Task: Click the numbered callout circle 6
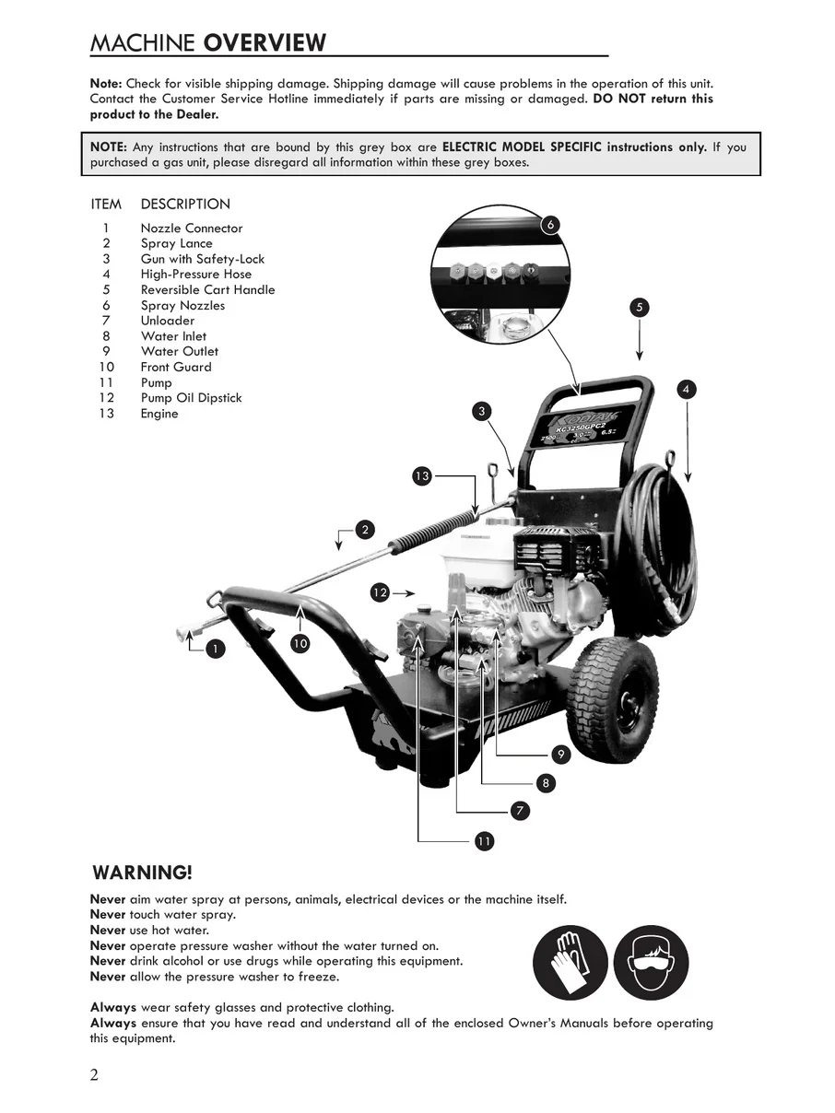pos(550,225)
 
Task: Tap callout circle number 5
pos(640,308)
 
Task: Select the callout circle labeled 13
pos(421,475)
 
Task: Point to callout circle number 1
pos(214,649)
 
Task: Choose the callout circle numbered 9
pos(560,755)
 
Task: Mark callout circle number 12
pos(380,592)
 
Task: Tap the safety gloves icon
pos(570,963)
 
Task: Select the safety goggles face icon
pos(652,963)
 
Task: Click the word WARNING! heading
pos(143,872)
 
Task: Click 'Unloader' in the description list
pos(168,321)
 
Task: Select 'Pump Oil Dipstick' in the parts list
pos(191,398)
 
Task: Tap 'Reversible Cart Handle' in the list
pos(207,289)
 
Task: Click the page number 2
pos(95,1075)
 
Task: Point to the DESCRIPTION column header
pos(185,204)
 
